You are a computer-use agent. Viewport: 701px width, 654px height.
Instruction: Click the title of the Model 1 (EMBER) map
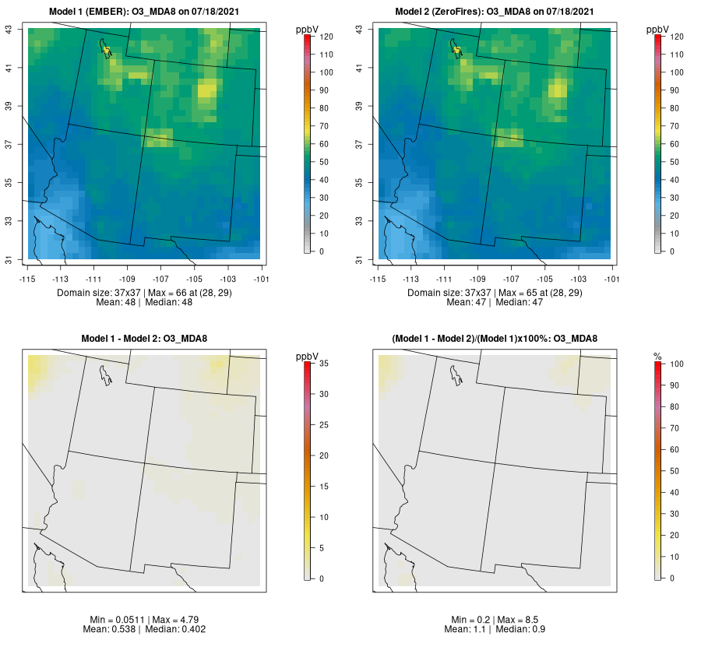[145, 12]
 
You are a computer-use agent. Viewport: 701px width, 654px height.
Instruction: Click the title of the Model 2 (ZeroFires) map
[495, 12]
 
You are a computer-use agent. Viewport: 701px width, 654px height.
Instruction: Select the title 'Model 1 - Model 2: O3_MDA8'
[144, 338]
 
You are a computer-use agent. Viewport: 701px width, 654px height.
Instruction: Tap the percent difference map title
[495, 338]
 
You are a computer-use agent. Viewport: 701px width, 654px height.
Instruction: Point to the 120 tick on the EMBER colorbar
[327, 37]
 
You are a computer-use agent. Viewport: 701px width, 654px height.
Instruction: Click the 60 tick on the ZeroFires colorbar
[677, 144]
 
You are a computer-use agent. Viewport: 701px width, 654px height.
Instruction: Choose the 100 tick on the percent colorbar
[678, 364]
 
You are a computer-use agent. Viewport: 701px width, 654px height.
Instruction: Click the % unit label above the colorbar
[657, 356]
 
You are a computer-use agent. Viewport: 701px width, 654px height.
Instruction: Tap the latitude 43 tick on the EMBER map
[11, 30]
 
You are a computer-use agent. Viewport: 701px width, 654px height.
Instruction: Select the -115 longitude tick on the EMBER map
[28, 278]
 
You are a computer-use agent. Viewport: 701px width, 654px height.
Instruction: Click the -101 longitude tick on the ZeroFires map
[611, 278]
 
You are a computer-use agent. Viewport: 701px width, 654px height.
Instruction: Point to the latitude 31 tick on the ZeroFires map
[361, 259]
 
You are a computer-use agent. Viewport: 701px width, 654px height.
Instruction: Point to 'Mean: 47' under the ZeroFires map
[463, 302]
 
